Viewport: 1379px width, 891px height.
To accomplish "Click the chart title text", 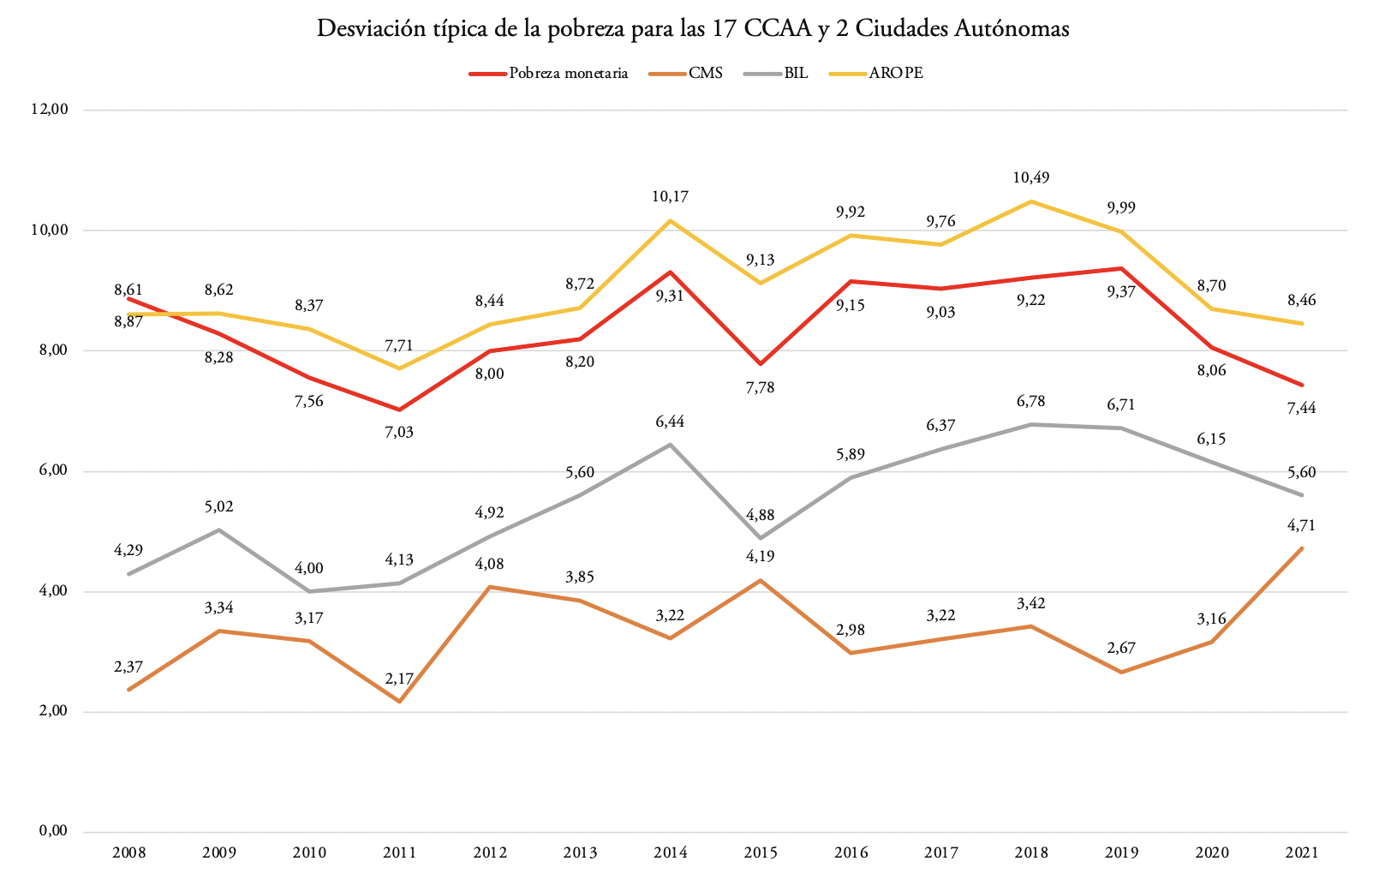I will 693,28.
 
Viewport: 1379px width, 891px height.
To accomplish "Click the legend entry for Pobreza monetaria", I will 568,74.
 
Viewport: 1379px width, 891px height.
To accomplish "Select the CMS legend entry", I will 705,74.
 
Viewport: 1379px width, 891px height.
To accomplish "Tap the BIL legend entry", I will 796,74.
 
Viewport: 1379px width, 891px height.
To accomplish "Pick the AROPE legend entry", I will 896,74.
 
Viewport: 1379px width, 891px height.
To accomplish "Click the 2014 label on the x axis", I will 670,852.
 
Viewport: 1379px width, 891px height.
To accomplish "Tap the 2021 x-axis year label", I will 1302,852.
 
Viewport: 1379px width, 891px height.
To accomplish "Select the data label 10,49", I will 1030,178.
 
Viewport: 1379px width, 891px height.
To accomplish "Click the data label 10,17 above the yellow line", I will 670,197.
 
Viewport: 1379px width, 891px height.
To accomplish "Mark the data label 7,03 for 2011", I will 399,433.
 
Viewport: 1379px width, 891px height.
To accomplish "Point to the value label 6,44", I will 670,422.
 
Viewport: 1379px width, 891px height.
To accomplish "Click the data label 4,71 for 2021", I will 1302,525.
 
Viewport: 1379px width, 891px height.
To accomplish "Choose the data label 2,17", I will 399,679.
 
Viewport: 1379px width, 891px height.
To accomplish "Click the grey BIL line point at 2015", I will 761,538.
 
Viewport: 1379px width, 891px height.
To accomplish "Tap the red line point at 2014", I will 670,272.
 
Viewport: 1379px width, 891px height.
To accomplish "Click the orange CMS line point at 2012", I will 490,587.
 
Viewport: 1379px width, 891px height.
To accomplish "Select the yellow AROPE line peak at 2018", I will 1031,201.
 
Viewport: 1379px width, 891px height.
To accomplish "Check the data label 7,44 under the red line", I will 1302,408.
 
